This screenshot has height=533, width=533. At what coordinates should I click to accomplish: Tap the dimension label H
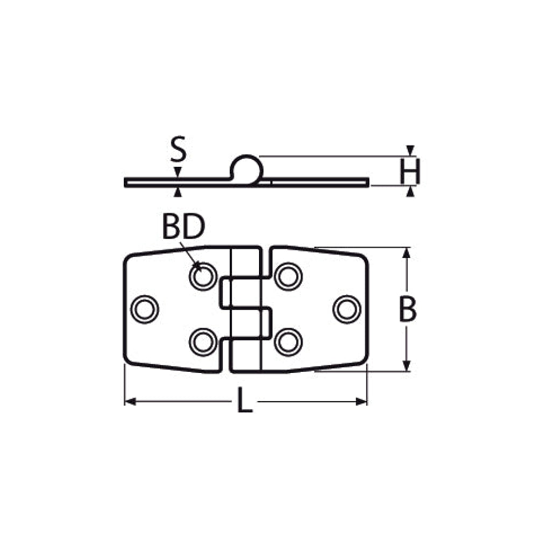tap(410, 171)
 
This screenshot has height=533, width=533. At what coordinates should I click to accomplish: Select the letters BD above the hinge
tap(184, 227)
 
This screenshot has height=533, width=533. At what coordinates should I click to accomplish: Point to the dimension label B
tap(408, 309)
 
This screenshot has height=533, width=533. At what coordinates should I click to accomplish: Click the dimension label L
tap(245, 401)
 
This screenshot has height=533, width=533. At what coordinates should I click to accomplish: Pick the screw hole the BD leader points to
tap(203, 276)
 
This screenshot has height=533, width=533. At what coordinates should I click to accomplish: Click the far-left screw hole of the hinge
tap(145, 309)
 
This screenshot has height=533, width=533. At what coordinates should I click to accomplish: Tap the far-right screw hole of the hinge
tap(347, 309)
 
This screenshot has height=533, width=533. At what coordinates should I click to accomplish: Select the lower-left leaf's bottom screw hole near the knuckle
tap(203, 342)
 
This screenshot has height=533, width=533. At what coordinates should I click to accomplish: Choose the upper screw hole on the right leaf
tap(288, 276)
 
